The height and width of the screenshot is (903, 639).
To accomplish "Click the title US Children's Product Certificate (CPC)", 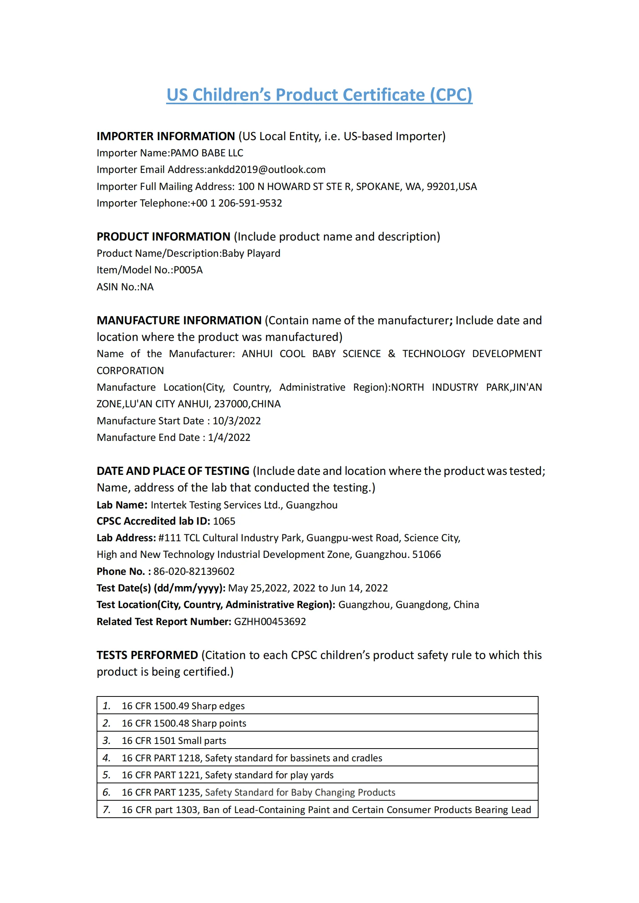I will click(x=319, y=95).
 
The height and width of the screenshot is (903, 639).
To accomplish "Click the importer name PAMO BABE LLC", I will click(x=207, y=153).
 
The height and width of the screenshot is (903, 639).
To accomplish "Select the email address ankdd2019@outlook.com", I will click(x=267, y=169).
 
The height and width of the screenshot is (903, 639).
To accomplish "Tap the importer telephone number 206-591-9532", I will click(x=250, y=203).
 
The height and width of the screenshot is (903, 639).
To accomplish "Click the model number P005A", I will click(x=188, y=270).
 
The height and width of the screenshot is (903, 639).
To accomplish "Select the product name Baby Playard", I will click(x=251, y=253).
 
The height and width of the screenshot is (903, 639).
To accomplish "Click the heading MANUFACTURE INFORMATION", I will click(x=179, y=320).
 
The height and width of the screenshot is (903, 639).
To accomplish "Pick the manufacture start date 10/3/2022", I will click(x=236, y=421).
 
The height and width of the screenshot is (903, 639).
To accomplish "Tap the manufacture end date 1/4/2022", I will click(x=229, y=438).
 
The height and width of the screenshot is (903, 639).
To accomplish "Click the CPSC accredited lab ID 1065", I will click(x=224, y=521).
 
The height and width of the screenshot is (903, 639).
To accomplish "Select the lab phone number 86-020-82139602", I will click(x=194, y=571).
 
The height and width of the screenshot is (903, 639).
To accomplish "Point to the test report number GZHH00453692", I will click(x=270, y=622).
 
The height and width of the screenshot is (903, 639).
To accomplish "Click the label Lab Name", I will click(x=122, y=505).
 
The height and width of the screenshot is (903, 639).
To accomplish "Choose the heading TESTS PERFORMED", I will click(x=147, y=655).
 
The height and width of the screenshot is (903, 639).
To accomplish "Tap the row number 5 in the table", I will click(x=106, y=775).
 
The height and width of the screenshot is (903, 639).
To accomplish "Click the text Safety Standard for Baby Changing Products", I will click(x=300, y=793).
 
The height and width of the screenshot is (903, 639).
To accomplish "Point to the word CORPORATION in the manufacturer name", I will click(x=130, y=371).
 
